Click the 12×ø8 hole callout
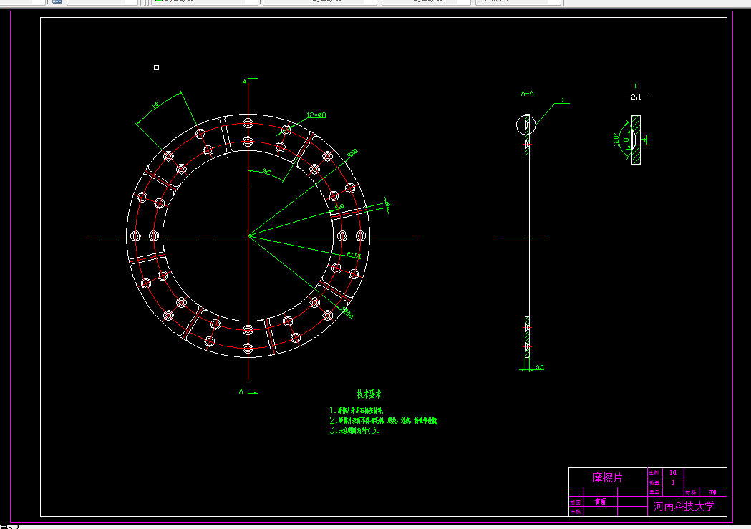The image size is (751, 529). click(316, 115)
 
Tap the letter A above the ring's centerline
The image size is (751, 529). click(244, 82)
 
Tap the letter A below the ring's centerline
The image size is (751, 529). click(242, 391)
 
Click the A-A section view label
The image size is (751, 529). click(527, 93)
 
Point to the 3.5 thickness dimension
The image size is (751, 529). click(539, 367)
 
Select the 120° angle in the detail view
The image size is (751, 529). click(616, 138)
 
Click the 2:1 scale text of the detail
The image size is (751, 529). click(636, 97)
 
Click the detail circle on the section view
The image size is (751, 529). click(527, 125)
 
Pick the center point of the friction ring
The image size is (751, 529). click(248, 236)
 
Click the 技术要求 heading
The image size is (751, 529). click(369, 394)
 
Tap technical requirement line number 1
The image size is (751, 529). click(356, 411)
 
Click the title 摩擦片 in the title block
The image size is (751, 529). click(608, 477)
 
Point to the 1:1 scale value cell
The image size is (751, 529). click(672, 472)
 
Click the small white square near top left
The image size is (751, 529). click(157, 67)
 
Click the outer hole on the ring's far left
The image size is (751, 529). click(135, 236)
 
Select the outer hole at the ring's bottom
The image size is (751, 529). click(248, 349)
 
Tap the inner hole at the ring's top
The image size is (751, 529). click(248, 140)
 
